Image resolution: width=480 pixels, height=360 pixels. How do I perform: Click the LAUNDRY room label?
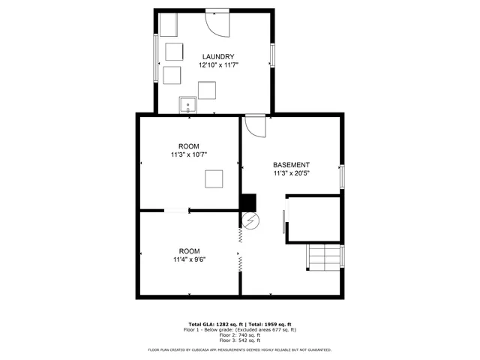pos(218,57)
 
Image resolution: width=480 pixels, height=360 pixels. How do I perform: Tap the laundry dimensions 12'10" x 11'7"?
pos(218,66)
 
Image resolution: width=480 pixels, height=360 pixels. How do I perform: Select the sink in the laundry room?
pos(187,104)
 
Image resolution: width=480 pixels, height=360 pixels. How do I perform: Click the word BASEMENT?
pos(291,165)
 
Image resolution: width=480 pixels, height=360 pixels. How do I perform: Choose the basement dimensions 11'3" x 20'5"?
pos(291,173)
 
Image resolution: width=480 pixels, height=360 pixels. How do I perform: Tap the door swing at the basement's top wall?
pos(255,125)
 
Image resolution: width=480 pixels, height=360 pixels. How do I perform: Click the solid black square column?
pos(248,202)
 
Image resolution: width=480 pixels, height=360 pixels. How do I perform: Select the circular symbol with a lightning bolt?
pos(250,220)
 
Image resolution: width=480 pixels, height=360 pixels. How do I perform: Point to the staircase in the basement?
pos(324,257)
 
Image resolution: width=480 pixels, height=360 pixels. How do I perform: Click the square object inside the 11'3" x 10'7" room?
pos(215,178)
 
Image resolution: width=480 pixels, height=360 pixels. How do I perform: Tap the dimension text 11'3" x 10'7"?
pos(188,154)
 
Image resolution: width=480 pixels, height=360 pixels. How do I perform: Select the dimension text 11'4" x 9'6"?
pos(188,259)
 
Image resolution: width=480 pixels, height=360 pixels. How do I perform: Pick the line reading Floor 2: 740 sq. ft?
pos(239,334)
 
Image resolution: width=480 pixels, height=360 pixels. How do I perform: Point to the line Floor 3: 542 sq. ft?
pos(239,340)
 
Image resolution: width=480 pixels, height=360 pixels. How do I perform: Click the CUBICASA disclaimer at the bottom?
pos(239,349)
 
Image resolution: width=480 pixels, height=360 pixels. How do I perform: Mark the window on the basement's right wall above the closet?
pos(342,176)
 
